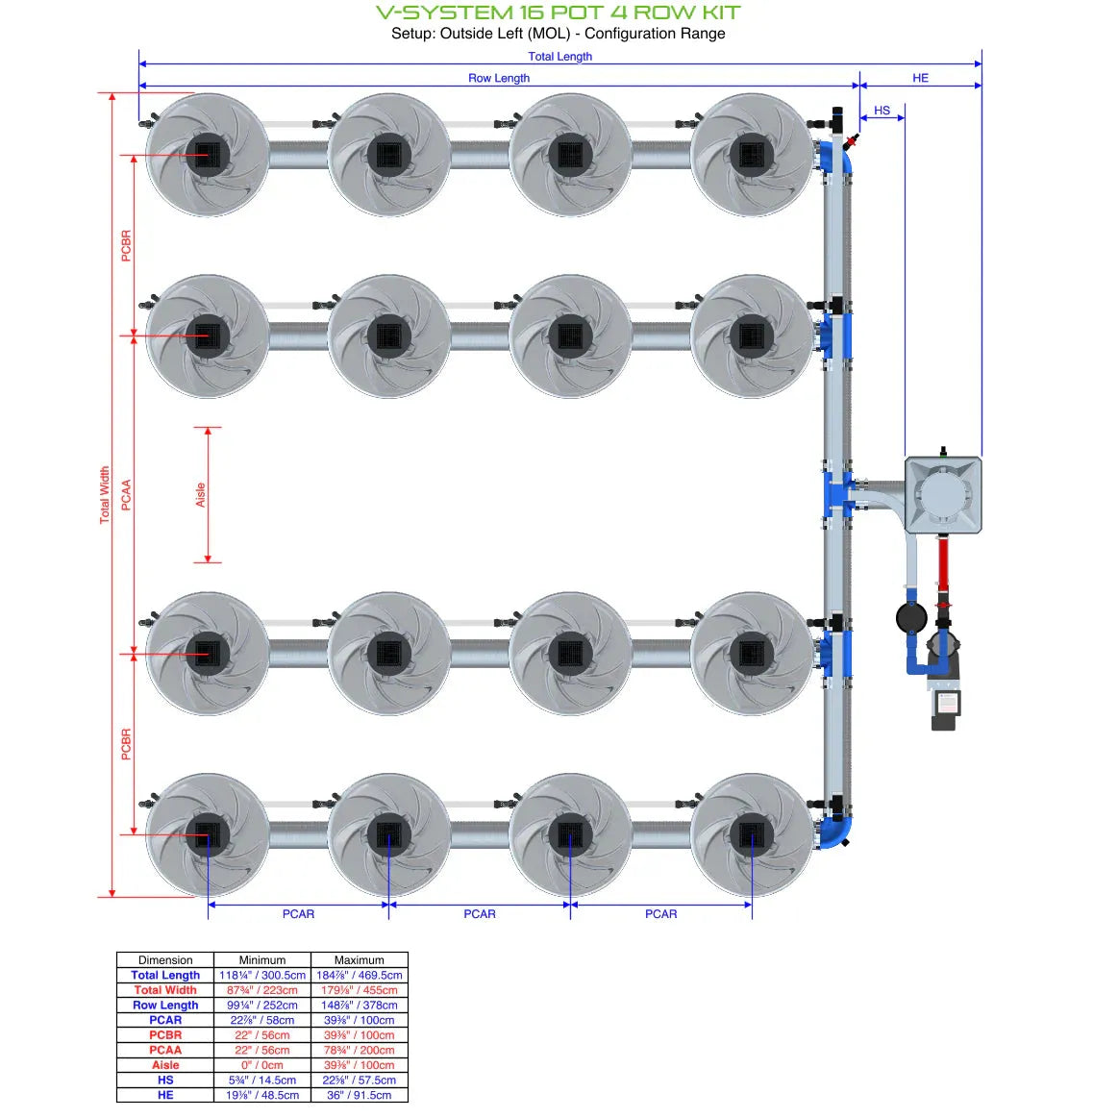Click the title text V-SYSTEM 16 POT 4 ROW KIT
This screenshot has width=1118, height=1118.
(559, 12)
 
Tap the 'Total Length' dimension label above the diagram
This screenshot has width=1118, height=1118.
(559, 57)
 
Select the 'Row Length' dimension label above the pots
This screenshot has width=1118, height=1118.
(498, 78)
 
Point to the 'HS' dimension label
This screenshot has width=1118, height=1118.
(882, 111)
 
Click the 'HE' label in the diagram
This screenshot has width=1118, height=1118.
(920, 78)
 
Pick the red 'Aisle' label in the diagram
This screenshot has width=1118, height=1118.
(200, 495)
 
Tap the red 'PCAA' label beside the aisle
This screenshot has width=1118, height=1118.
(126, 495)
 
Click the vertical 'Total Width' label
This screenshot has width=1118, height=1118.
(105, 495)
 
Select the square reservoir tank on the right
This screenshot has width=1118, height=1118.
(943, 494)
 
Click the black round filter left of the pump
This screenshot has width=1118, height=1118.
(910, 617)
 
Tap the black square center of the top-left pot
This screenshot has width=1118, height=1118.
(208, 155)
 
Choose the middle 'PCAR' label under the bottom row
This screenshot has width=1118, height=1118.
(480, 914)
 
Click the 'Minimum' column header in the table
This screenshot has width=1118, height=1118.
(262, 959)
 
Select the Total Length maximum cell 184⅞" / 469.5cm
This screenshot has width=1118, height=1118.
(360, 975)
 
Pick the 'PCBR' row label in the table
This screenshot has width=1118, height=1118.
(165, 1035)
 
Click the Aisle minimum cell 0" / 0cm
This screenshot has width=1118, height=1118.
(262, 1065)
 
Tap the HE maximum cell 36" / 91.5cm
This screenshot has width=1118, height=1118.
(360, 1095)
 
